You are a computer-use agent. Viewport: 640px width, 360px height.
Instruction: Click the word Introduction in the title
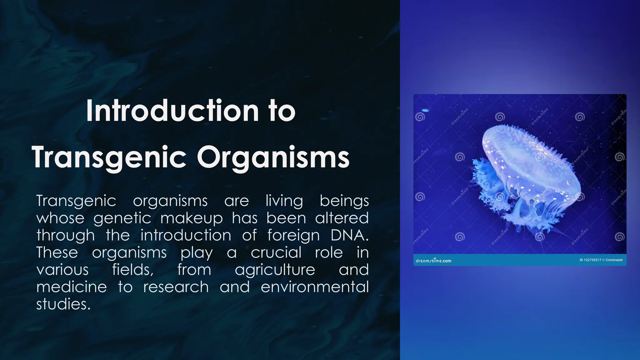pos(172,111)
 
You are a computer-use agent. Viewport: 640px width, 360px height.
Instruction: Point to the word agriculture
pos(275,270)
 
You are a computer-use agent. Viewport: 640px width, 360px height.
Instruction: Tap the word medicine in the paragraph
pos(72,287)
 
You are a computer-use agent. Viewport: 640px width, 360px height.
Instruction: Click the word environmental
pos(315,287)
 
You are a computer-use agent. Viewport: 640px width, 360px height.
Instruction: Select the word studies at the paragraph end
pos(63,304)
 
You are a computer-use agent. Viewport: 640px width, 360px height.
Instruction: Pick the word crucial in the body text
pos(276,252)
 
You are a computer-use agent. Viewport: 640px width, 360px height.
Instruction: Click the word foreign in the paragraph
pos(293,236)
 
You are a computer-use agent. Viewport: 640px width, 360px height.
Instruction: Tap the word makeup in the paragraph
pos(191,218)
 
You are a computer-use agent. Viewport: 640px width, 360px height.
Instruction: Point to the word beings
pos(344,201)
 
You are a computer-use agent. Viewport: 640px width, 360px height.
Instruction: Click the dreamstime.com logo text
pos(433,261)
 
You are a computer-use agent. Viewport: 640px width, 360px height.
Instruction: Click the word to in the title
pos(282,111)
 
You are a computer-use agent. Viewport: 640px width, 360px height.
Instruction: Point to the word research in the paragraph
pos(176,287)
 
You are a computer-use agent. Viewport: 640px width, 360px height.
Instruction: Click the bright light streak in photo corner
pos(425,110)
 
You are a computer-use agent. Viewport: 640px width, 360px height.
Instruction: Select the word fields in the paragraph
pos(133,270)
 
